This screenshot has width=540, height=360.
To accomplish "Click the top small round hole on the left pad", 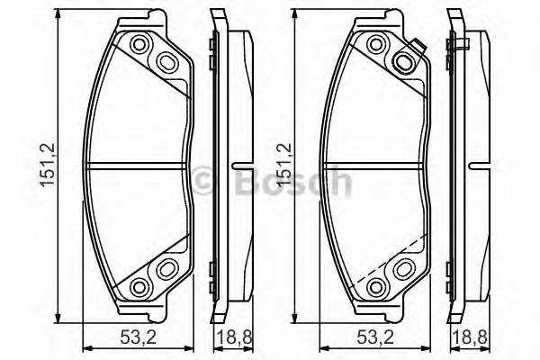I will click(139, 45).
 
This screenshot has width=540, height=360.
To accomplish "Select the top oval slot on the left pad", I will click(167, 61).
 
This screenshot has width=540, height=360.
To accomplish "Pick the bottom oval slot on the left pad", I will click(167, 268).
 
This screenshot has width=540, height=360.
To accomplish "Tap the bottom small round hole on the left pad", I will click(139, 285).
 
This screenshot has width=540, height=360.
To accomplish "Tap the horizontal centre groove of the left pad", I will click(135, 165).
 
